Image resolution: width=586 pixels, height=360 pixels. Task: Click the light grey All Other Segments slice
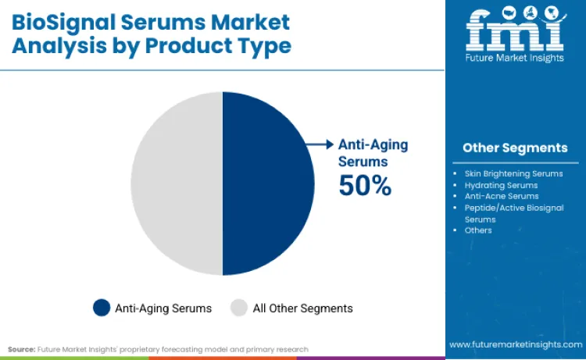(x=177, y=183)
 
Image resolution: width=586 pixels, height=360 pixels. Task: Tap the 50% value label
(x=365, y=185)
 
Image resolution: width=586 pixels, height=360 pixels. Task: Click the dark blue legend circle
(x=102, y=308)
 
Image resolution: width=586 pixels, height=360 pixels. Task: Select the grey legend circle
(x=239, y=308)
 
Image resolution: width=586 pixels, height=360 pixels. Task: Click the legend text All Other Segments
(x=302, y=308)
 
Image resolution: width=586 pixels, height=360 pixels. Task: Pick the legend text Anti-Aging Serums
(x=163, y=308)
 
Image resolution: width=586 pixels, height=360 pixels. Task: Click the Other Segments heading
(x=515, y=148)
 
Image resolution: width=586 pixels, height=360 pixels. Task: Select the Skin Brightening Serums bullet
(x=513, y=173)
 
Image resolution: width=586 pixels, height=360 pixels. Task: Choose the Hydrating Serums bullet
(x=501, y=185)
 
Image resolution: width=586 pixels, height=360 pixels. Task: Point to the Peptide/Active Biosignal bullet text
(x=512, y=208)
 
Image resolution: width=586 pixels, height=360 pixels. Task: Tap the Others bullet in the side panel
(x=478, y=230)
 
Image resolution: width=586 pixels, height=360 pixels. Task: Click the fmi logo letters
(x=514, y=31)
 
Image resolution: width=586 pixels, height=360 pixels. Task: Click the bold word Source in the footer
(x=22, y=349)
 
